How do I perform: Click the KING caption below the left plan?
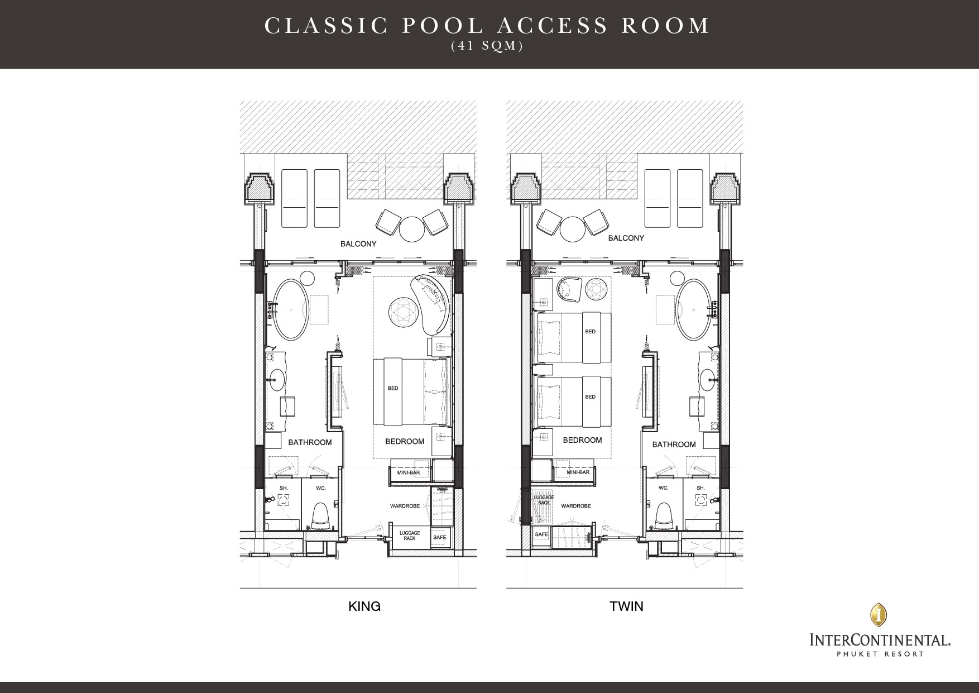[x=364, y=606]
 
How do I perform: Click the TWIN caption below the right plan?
[x=626, y=606]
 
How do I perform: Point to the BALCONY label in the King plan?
[x=358, y=244]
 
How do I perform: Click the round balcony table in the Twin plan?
[x=572, y=229]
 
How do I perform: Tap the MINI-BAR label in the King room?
[x=409, y=473]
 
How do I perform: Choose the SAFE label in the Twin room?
[x=541, y=534]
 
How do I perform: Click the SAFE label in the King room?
[x=440, y=537]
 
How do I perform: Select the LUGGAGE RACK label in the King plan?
[x=410, y=536]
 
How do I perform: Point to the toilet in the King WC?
[x=320, y=515]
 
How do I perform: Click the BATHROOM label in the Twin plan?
[x=674, y=445]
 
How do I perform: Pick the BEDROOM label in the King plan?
[x=405, y=441]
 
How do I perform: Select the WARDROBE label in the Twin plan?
[x=576, y=506]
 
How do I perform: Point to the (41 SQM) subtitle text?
[x=487, y=47]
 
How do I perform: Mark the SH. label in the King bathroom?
[x=284, y=488]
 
